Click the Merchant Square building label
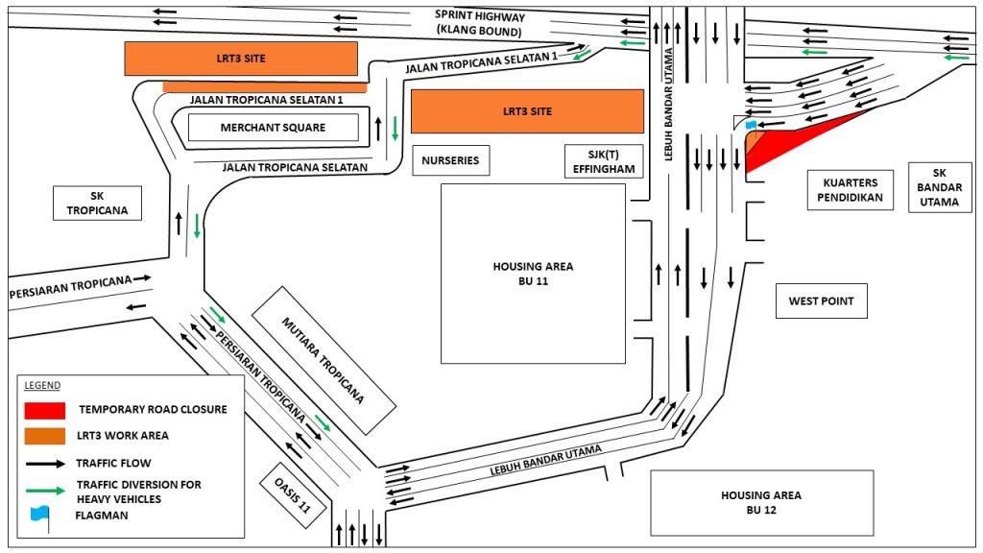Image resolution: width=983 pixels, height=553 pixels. tap(273, 128)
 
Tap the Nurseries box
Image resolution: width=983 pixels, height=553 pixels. tap(450, 160)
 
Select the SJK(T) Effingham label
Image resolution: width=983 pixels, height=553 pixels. tap(603, 160)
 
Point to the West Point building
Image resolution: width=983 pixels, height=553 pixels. tap(821, 301)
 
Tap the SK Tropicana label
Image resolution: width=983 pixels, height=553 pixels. tap(97, 203)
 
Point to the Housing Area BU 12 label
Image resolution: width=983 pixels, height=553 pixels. tap(761, 502)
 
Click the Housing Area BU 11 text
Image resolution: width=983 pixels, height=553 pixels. tap(532, 274)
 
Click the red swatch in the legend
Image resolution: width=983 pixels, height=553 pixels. tap(44, 410)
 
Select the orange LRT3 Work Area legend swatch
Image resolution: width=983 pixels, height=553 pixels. tap(44, 435)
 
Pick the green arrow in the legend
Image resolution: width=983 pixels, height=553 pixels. tap(44, 491)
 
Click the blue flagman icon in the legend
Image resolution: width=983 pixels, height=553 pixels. tap(40, 514)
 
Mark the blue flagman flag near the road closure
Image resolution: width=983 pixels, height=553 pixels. tap(751, 125)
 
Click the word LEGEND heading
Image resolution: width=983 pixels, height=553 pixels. tap(42, 386)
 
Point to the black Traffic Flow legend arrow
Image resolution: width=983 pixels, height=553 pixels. tap(44, 463)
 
